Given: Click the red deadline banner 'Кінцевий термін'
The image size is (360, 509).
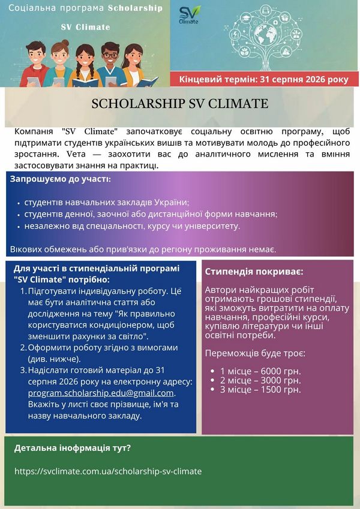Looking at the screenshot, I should pos(264,79).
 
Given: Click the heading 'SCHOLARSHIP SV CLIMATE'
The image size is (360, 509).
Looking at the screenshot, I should pos(180,104).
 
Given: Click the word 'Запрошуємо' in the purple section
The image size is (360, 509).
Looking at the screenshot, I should pos(36,179).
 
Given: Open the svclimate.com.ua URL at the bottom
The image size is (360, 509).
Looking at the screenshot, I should pos(108,471).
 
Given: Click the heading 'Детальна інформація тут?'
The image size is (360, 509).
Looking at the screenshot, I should pos(73,447).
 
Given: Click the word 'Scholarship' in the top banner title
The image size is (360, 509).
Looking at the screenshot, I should pos(135,8).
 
